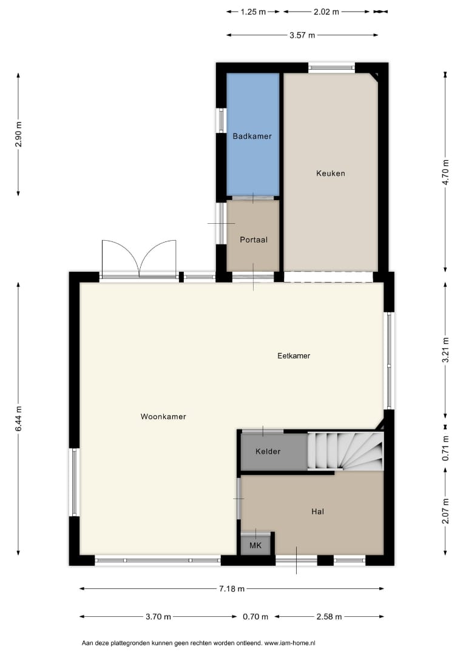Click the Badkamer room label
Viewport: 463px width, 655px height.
click(252, 136)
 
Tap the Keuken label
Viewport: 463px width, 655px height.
click(331, 173)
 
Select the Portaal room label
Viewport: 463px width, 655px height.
click(253, 240)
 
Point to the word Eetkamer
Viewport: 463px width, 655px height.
click(294, 356)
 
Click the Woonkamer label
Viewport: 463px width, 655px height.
click(163, 417)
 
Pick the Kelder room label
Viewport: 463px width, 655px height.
click(268, 452)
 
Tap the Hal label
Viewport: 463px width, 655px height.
click(317, 512)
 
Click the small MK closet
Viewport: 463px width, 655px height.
click(255, 545)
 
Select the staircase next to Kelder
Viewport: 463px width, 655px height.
click(345, 451)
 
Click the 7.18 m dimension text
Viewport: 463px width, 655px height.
click(232, 589)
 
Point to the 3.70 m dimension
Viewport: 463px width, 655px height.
click(158, 617)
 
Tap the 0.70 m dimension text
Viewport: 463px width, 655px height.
click(255, 617)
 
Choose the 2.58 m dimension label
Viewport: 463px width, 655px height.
click(330, 617)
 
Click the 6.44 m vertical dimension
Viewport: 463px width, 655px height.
click(18, 419)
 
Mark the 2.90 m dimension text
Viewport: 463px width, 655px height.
click(18, 134)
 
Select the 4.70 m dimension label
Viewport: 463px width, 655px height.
click(445, 172)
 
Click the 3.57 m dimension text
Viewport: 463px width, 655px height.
click(302, 36)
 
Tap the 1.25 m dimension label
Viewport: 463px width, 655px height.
click(253, 12)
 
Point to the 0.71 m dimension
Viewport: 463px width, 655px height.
click(445, 448)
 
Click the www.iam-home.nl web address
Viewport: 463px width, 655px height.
click(290, 643)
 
